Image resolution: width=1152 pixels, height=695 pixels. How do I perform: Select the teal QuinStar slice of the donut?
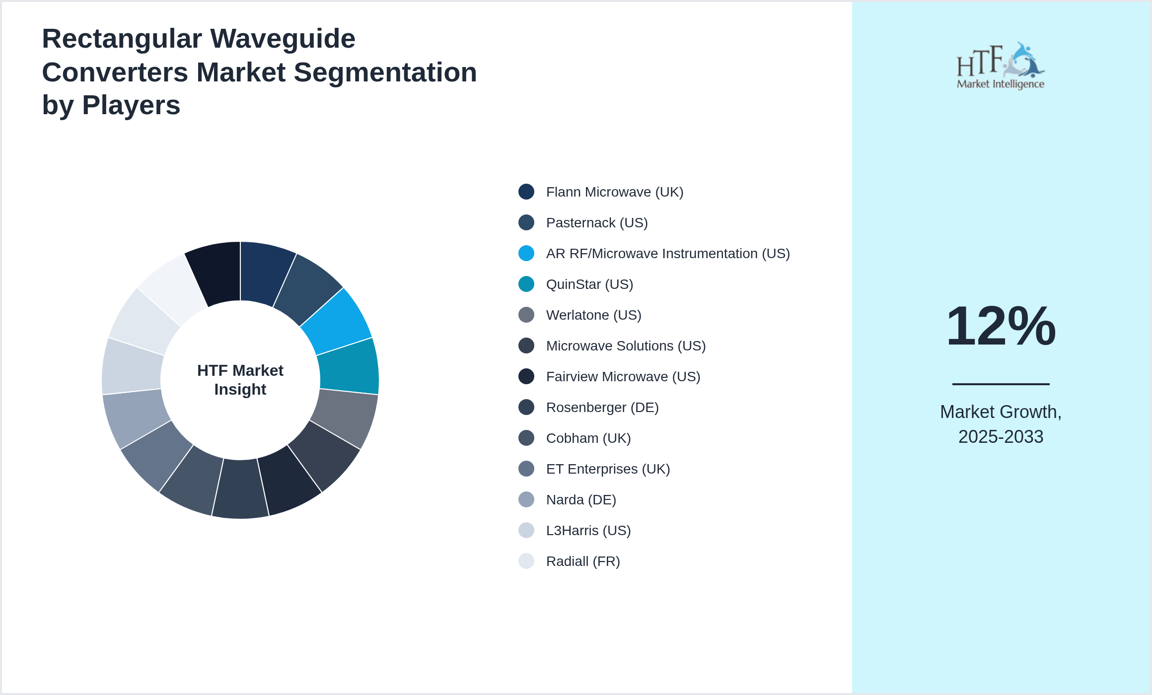pos(349,367)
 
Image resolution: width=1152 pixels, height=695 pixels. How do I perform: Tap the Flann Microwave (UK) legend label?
pos(614,192)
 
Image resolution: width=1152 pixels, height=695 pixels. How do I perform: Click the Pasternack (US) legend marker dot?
pos(526,222)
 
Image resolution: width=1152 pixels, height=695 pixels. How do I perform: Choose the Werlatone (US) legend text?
pos(593,315)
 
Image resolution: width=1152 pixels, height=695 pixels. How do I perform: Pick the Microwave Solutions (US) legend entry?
pos(625,346)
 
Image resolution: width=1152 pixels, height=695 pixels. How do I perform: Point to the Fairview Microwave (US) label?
pos(623,377)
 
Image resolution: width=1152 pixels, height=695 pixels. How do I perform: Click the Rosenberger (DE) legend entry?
pos(602,408)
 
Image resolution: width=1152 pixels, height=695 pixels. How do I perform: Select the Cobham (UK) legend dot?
pos(526,438)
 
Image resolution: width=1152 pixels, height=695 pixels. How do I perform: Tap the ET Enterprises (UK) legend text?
pos(608,469)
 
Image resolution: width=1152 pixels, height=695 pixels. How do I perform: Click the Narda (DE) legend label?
pos(581,500)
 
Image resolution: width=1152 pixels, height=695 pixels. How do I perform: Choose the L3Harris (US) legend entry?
pos(588,531)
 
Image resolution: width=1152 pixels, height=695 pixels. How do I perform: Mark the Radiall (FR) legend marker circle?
pos(526,561)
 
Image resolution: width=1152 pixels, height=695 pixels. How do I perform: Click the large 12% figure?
pos(1001,326)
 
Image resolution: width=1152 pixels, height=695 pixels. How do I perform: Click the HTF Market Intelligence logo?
pos(1001,66)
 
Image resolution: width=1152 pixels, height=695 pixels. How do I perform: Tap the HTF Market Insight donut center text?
pos(240,380)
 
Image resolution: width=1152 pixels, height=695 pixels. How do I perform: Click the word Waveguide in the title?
pos(283,39)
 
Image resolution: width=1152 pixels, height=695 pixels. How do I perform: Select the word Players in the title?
pos(131,105)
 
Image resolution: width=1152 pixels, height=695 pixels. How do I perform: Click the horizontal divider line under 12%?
pos(1001,384)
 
